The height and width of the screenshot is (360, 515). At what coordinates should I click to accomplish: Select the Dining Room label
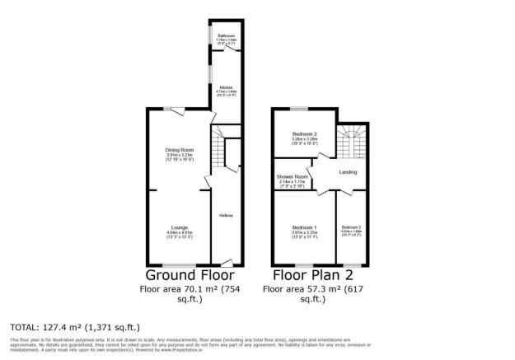pos(180,150)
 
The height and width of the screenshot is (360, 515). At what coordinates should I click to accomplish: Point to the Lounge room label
pos(180,227)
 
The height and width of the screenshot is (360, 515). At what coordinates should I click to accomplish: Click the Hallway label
pos(226,216)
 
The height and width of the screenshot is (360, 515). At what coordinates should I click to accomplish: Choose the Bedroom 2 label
pos(305,134)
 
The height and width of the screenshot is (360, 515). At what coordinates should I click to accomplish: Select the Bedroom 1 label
pos(305,227)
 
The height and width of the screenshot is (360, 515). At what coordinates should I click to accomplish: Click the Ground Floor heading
pos(190,275)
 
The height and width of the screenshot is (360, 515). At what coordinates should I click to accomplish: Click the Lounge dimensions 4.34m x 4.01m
pos(180,234)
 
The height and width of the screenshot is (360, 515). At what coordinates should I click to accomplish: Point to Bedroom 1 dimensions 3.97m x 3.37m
pos(305,234)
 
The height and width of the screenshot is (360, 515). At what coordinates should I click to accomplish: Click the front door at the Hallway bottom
pos(227,262)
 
